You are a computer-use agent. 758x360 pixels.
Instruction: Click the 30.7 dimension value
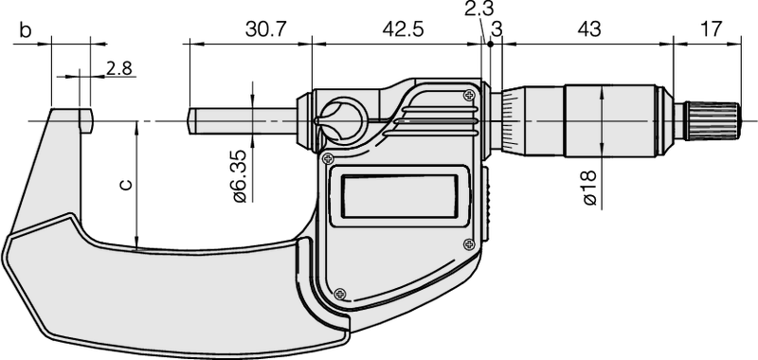pos(265,29)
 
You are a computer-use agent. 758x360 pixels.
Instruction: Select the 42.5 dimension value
pos(404,29)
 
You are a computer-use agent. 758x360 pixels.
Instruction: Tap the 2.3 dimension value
pos(480,9)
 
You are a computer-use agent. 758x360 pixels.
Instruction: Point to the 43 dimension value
pos(589,29)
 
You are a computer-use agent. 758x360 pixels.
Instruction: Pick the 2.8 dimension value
pos(119,68)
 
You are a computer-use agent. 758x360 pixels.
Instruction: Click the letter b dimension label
pos(26,29)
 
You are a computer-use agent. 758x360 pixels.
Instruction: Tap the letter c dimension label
pos(125,185)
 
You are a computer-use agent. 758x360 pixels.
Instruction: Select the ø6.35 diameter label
pos(240,176)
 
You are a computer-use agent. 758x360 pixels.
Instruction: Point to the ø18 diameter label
pos(589,189)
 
